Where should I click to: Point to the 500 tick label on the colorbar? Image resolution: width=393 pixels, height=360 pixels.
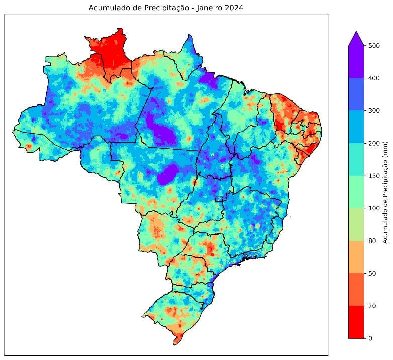tap(373, 46)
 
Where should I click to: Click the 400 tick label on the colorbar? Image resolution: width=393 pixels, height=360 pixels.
tap(373, 78)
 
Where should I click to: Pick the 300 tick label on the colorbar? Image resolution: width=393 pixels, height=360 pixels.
tap(373, 111)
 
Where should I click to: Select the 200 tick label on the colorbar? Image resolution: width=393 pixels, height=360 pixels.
tap(373, 144)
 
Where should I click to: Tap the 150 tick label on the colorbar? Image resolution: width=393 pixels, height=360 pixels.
tap(373, 176)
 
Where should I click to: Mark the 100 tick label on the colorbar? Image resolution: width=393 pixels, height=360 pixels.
tap(373, 208)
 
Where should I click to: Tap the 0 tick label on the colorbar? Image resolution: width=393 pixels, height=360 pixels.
tap(370, 338)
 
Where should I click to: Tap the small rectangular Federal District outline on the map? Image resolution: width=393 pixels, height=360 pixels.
tap(219, 199)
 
